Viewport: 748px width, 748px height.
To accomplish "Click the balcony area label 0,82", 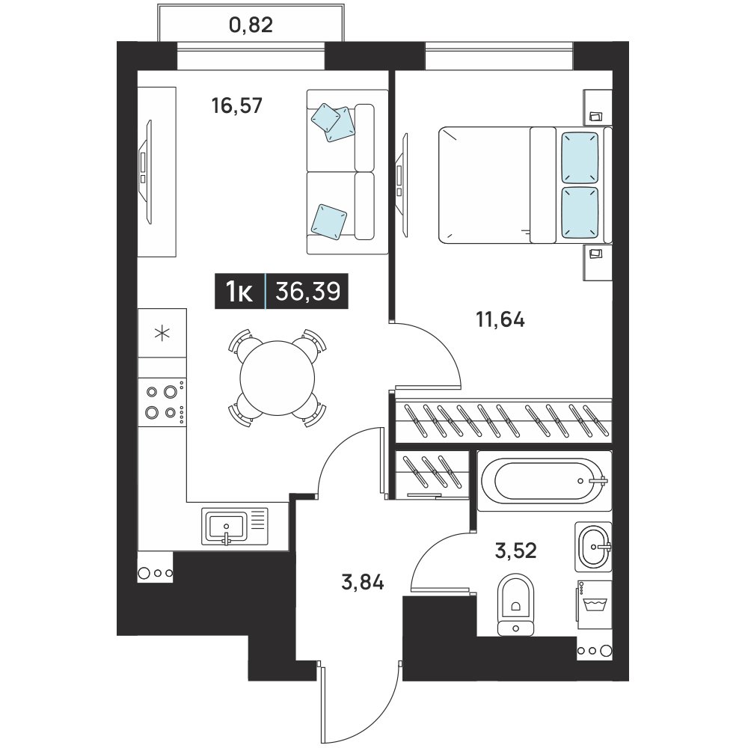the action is pos(251,25).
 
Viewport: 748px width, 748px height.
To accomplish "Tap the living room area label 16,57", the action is pos(237,105).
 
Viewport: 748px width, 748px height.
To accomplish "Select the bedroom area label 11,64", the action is pos(500,319).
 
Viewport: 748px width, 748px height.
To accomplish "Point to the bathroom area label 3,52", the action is pos(515,551).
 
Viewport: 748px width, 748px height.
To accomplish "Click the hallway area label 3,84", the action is pos(363,583).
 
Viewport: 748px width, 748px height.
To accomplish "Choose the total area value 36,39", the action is pos(307,291).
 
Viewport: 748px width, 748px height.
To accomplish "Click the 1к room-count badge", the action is pos(239,292).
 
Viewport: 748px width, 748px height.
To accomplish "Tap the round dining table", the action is pos(278,378).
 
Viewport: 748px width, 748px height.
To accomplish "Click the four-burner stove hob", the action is pos(162,402).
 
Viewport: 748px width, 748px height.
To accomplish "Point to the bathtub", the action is pos(545,481).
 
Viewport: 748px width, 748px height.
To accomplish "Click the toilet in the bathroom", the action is pos(515,605).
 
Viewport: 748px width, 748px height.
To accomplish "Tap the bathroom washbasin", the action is pos(593,546).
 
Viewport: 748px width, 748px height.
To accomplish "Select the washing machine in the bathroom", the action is pos(595,604).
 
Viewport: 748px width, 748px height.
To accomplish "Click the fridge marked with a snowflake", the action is pos(162,333).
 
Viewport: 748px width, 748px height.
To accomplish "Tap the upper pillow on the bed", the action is pos(580,157).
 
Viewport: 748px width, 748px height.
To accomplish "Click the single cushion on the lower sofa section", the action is pos(328,221).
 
